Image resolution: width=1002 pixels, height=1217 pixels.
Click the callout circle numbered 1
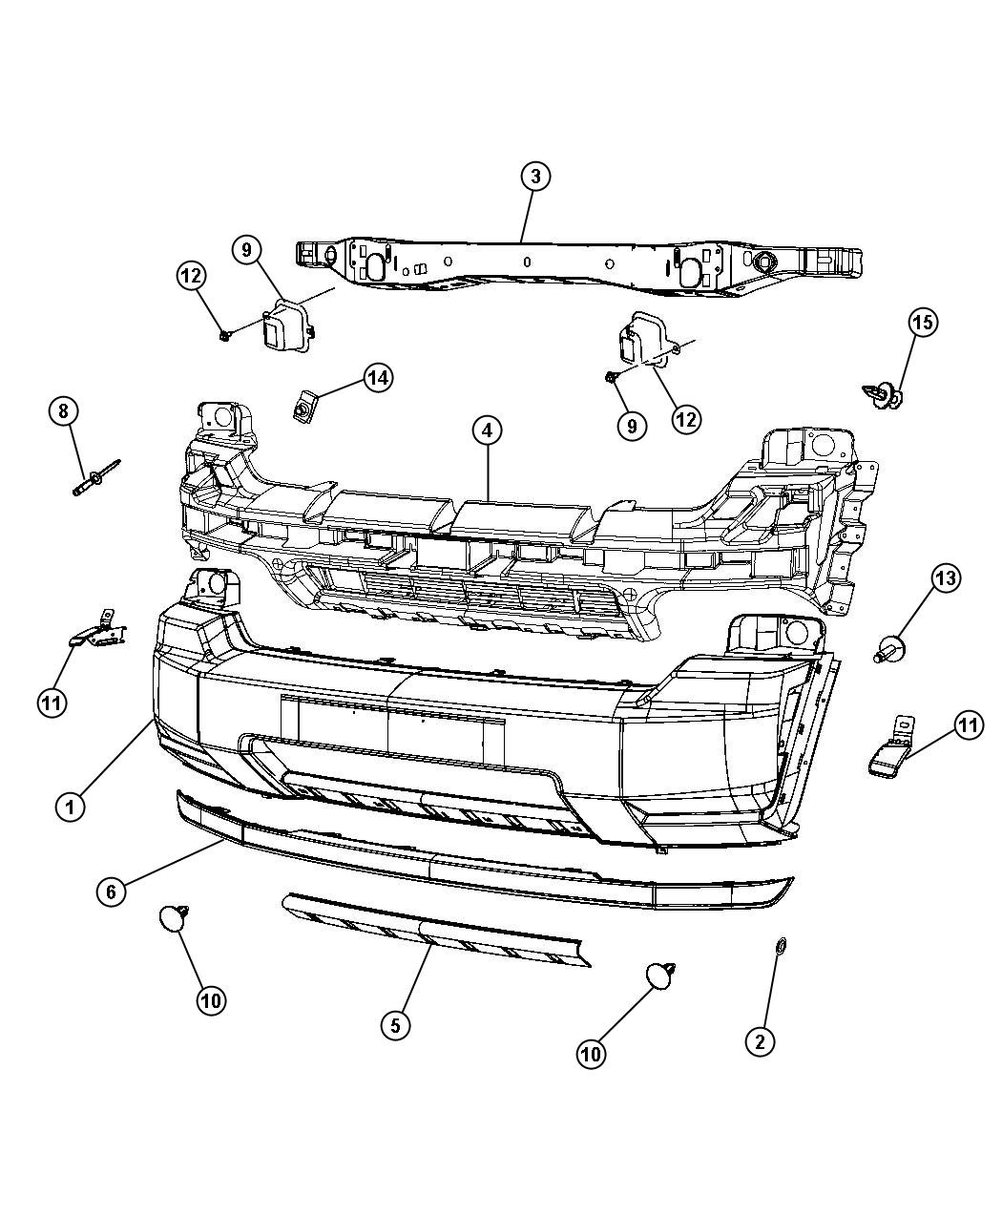coord(70,807)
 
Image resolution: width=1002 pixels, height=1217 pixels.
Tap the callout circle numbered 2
coord(760,1040)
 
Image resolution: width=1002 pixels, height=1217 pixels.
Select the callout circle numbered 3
coord(535,176)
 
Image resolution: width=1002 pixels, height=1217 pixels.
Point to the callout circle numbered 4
coord(487,430)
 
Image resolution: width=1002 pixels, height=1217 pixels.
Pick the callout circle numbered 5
coord(396,1025)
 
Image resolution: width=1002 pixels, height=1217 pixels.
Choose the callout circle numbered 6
coord(112,892)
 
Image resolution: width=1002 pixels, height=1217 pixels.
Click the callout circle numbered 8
coord(63,411)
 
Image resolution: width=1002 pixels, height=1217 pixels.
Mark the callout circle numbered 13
coord(945,577)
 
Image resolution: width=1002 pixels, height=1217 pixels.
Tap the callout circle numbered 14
coord(378,378)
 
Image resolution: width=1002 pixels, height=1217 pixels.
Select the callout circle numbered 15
coord(922,323)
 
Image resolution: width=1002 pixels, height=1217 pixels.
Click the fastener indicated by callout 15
coord(886,394)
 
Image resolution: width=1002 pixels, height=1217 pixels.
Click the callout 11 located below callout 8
coord(52,703)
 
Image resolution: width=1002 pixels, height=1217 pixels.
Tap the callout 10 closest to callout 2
coord(591,1053)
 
